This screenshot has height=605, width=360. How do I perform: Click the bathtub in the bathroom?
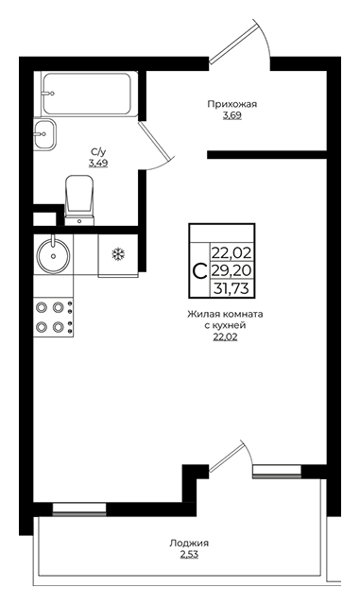tap(89, 94)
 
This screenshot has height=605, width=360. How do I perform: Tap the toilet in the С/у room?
tap(80, 199)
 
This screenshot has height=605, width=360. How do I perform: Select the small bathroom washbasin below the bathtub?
tap(44, 134)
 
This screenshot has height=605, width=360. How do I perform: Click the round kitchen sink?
tap(53, 254)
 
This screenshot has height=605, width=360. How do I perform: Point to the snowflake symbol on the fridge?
tap(118, 254)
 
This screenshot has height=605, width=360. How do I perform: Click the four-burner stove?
tap(53, 318)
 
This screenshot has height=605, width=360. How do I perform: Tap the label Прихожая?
tap(231, 104)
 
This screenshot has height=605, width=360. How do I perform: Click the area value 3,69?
tap(231, 115)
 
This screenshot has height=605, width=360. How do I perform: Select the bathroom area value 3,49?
tap(98, 163)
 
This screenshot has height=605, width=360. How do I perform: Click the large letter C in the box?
tap(199, 271)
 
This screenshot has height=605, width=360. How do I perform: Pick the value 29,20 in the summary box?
tap(231, 271)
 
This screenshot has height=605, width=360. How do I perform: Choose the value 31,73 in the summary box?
tap(231, 288)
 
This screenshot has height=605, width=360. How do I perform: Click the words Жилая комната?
tap(225, 314)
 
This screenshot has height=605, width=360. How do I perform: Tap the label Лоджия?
tap(189, 544)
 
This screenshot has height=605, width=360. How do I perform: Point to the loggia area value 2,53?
tap(189, 555)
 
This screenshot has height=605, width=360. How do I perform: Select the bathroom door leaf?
tap(154, 141)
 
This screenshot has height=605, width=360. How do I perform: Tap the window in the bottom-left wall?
tap(79, 509)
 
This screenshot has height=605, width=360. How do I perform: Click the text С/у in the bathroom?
tap(96, 151)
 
